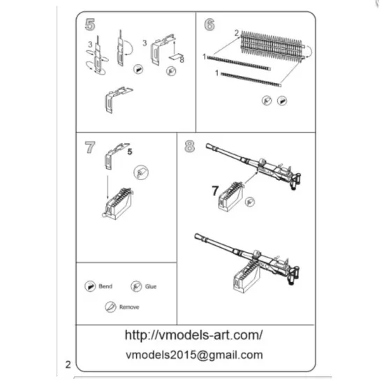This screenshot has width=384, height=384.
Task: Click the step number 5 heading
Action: coord(90,24)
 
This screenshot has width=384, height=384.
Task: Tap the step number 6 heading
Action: coord(209,24)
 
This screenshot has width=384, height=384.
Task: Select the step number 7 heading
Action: coord(90,147)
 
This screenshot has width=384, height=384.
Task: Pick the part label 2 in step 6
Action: coord(237,33)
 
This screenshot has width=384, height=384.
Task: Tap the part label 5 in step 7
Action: coord(128,149)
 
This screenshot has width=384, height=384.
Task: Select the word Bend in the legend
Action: coord(106,287)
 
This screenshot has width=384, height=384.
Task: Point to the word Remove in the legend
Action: coord(129,307)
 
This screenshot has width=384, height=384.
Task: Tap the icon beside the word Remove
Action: coord(110,307)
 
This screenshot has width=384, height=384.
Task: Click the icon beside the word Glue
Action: coord(136,287)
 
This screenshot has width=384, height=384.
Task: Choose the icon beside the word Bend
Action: coord(89,287)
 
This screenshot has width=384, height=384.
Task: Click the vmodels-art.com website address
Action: coord(193,334)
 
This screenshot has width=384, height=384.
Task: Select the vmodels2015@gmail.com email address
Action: coord(193,355)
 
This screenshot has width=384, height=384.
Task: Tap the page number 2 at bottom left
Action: coord(68,364)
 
